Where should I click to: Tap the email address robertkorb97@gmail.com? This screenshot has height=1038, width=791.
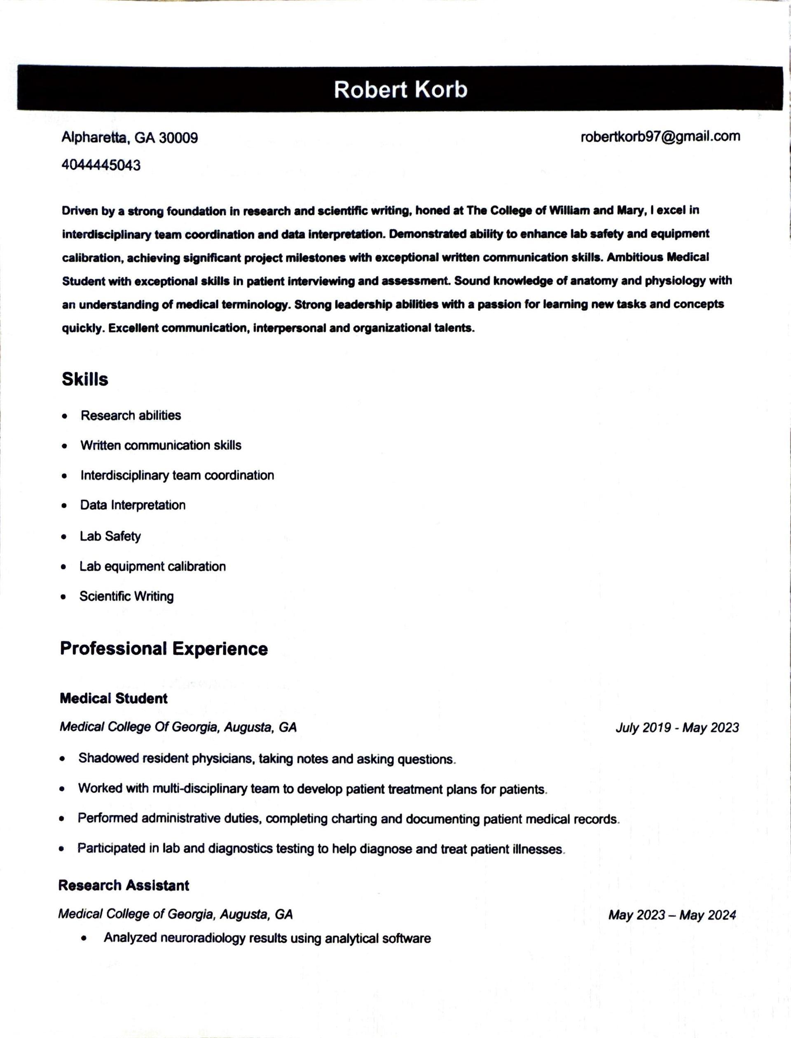click(x=660, y=136)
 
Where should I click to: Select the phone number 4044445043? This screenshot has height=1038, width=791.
click(x=101, y=165)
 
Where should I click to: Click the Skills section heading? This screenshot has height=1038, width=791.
click(x=85, y=380)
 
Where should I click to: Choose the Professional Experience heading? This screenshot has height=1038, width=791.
click(x=164, y=649)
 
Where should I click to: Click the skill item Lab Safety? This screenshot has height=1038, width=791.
click(x=110, y=537)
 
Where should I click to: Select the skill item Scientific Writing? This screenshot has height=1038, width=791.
click(x=126, y=597)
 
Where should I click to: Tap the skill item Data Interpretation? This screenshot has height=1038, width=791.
click(x=133, y=505)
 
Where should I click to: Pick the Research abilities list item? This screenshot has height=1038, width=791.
click(x=131, y=416)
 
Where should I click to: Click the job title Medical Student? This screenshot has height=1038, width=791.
click(x=113, y=698)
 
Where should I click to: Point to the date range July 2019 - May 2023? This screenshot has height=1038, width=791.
click(x=677, y=728)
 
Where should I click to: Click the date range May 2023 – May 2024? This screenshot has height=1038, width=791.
click(x=672, y=915)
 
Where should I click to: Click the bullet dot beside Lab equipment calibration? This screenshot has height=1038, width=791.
click(x=63, y=567)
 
